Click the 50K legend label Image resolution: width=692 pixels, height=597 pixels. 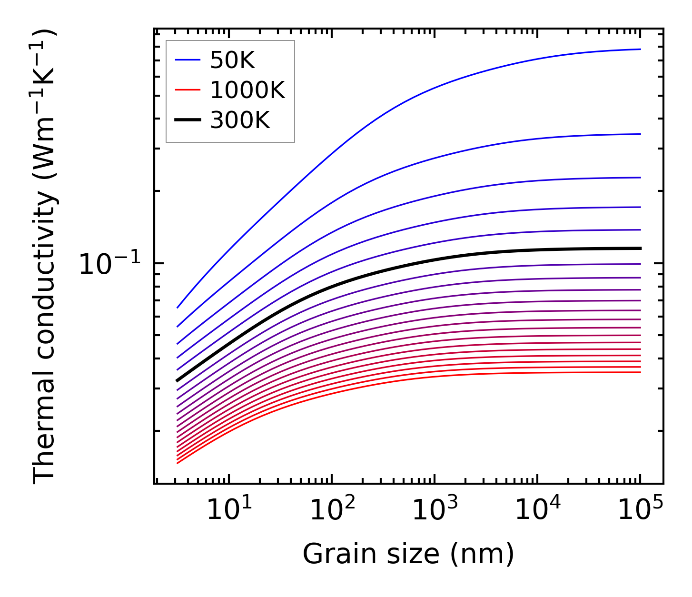(233, 60)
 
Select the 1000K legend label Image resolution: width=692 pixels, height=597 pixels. (247, 90)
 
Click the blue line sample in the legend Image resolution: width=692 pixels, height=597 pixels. (188, 60)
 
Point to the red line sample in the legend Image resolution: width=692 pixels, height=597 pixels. (188, 90)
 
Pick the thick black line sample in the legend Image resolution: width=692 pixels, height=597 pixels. (188, 120)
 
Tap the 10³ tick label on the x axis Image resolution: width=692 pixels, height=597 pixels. (435, 511)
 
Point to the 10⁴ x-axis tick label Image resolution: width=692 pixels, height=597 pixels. (537, 511)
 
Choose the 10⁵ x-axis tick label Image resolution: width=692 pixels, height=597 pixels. (640, 511)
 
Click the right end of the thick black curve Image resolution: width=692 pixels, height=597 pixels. (641, 249)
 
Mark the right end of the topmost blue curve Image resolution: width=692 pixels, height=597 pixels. (641, 49)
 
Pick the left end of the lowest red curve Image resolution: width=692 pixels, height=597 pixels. (177, 463)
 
